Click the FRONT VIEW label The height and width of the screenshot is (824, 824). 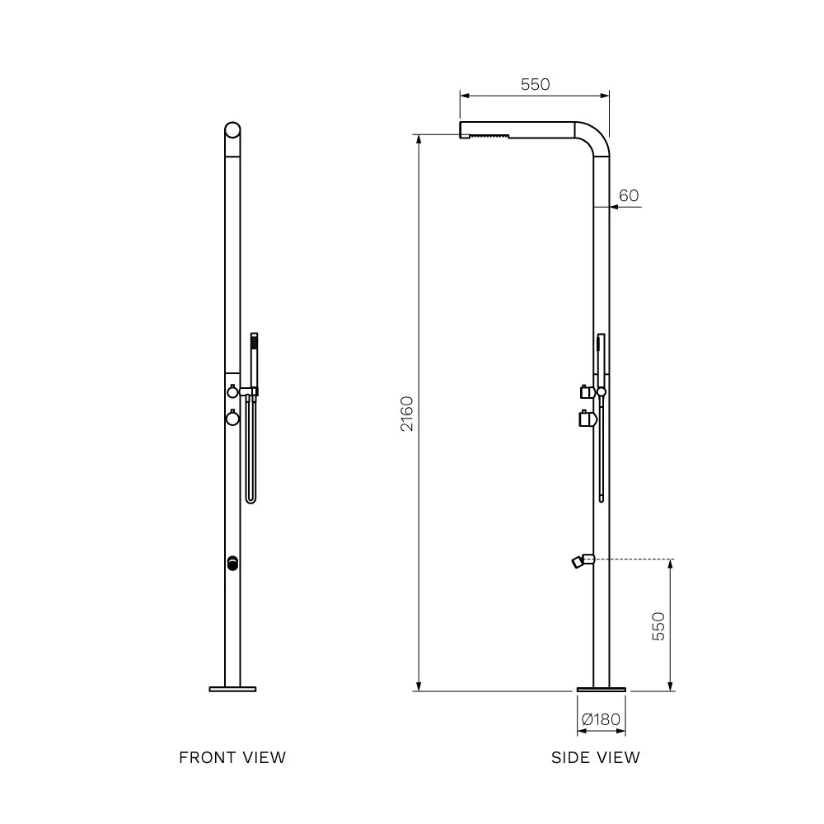232,757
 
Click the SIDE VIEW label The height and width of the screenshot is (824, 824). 595,757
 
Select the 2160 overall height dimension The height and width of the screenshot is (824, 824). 407,414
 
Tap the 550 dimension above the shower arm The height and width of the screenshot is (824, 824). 535,84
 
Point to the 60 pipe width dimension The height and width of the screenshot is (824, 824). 629,195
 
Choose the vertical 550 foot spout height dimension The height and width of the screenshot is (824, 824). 658,626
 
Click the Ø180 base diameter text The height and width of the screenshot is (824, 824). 601,719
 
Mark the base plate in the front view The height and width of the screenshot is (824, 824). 232,688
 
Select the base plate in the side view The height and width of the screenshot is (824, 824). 601,688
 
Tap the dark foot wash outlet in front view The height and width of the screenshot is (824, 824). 232,564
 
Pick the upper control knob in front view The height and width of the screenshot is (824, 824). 233,391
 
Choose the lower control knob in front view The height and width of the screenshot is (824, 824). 232,418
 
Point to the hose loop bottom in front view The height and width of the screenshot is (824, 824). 250,500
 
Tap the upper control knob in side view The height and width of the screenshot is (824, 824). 587,391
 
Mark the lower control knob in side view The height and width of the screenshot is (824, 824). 587,419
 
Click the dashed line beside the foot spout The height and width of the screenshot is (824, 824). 634,559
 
